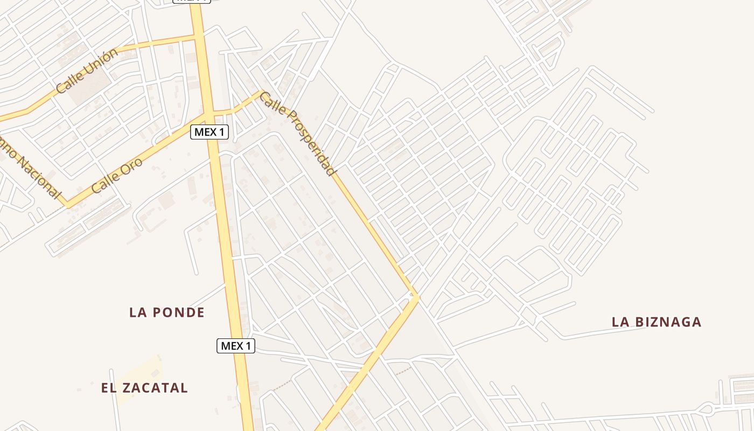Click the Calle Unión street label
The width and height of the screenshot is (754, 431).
pyautogui.click(x=87, y=71)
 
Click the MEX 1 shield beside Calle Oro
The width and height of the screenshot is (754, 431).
pyautogui.click(x=210, y=132)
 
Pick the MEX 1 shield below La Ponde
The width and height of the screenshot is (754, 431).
pyautogui.click(x=236, y=346)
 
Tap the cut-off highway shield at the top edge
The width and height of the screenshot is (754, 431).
pyautogui.click(x=191, y=1)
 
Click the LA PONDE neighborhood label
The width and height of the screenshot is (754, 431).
pyautogui.click(x=167, y=312)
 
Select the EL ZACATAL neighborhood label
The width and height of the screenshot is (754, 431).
pyautogui.click(x=144, y=388)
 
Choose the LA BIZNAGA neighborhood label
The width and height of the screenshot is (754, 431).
pyautogui.click(x=657, y=322)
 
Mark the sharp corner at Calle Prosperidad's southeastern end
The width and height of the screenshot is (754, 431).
pyautogui.click(x=417, y=296)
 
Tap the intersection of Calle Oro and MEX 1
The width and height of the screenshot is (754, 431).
pyautogui.click(x=208, y=114)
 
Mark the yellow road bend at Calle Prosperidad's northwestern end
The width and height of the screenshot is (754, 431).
pyautogui.click(x=262, y=92)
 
